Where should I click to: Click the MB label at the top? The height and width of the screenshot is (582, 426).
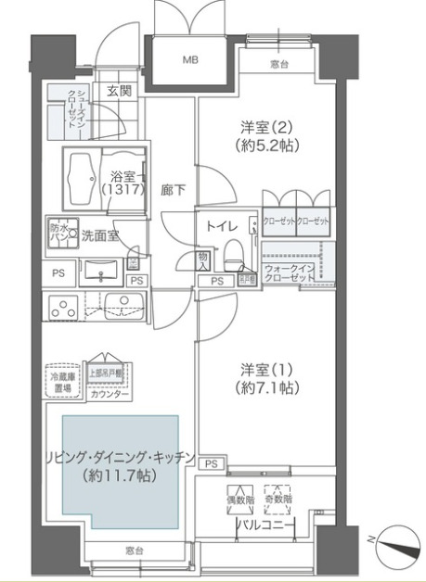coord(189,60)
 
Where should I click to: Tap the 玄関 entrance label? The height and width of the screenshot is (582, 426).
coord(118,90)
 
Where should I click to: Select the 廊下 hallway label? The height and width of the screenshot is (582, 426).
coord(174,190)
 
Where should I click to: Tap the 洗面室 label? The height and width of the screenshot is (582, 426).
coord(98,235)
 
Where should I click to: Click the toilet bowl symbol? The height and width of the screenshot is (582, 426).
coord(235,250)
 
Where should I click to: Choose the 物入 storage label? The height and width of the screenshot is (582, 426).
coord(202,260)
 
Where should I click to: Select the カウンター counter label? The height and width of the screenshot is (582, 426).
coord(110,394)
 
